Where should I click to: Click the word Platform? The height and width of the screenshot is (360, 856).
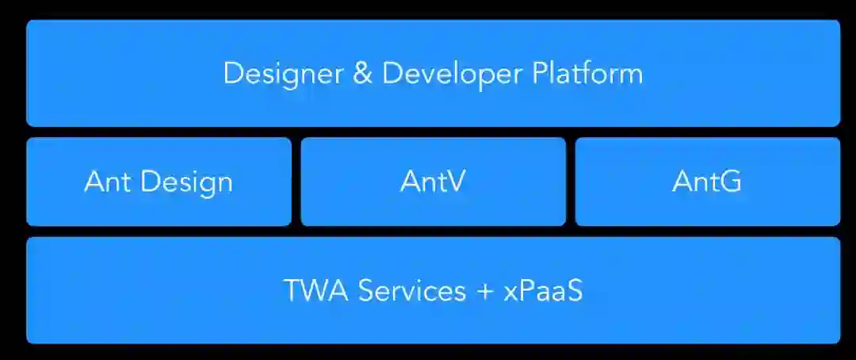pyautogui.click(x=587, y=74)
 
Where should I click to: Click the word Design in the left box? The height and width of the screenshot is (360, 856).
pyautogui.click(x=187, y=182)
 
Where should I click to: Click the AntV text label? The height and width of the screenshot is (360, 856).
pyautogui.click(x=433, y=182)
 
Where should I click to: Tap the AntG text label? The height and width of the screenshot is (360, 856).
pyautogui.click(x=707, y=182)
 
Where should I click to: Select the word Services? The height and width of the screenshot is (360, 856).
pyautogui.click(x=412, y=290)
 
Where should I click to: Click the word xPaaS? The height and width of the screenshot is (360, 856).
pyautogui.click(x=543, y=290)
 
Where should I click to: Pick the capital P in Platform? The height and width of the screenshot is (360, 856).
pyautogui.click(x=540, y=74)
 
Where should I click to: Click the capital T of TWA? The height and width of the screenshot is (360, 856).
pyautogui.click(x=292, y=290)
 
